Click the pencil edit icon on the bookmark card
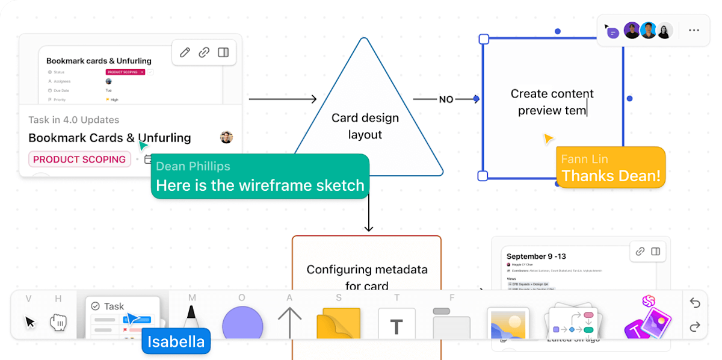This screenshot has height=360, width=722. point(185,52)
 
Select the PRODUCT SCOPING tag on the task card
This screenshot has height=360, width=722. point(79,160)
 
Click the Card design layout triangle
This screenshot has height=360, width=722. point(365,126)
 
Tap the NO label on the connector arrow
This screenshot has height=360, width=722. point(446,99)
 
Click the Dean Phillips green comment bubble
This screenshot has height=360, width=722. point(260,176)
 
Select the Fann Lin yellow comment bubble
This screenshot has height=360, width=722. point(611,168)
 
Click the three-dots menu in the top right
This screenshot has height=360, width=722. point(694,31)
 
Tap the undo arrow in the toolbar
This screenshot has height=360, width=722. point(695,303)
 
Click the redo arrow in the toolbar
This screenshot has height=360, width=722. point(695,327)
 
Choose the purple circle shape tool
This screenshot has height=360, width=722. point(242,324)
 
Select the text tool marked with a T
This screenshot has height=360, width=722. point(396,325)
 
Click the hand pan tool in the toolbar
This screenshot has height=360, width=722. point(58,322)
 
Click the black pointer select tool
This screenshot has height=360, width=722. point(30,322)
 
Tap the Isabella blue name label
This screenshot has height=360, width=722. point(176,342)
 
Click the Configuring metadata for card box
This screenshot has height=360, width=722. point(366,277)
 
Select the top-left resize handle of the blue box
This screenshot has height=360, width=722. point(484,39)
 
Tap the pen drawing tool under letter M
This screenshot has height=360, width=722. point(191,319)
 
